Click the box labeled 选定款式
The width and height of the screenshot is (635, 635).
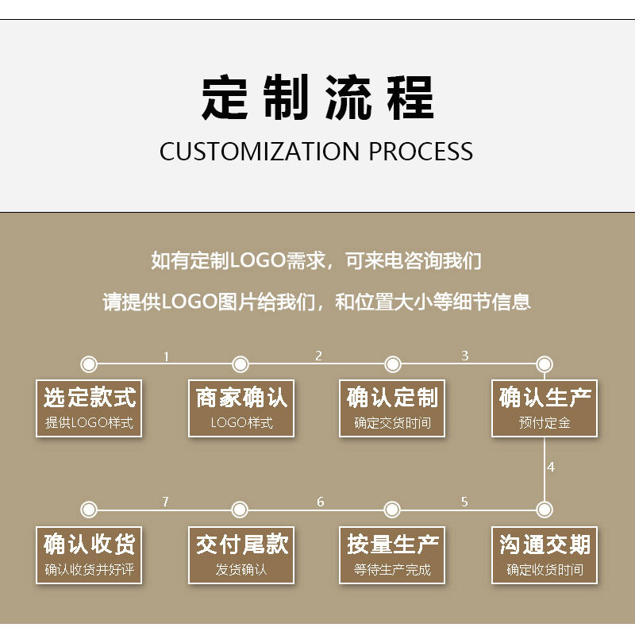[89, 408]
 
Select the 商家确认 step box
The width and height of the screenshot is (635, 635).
[241, 408]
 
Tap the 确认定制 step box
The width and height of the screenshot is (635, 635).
[392, 408]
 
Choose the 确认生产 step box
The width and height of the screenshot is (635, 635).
[545, 408]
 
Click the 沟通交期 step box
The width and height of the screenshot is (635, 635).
[545, 555]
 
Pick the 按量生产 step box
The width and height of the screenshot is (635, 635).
[392, 555]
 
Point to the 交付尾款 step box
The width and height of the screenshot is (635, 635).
[241, 555]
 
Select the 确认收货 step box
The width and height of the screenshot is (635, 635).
[89, 555]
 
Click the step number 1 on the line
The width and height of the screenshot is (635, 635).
[166, 356]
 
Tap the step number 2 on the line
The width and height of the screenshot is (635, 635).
[318, 356]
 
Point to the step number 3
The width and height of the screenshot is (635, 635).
[465, 356]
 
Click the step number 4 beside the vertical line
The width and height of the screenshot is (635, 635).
[551, 467]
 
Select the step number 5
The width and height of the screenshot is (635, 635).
[464, 502]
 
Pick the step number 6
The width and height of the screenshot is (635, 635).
[321, 502]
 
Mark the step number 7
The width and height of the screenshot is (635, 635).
[165, 502]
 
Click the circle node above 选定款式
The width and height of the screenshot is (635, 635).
[89, 364]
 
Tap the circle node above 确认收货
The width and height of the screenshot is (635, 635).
[89, 509]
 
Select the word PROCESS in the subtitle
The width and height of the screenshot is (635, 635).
[421, 151]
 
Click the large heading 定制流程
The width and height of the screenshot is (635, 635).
[317, 98]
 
